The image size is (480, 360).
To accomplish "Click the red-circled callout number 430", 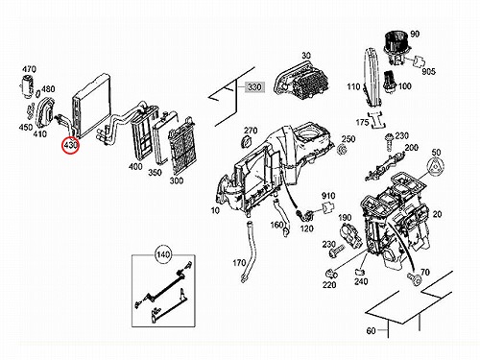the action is (x=71, y=145).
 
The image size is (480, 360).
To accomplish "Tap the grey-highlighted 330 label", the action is (x=254, y=86).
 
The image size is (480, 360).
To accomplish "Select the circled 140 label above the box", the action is (x=163, y=254).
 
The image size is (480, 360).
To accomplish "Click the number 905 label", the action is (x=428, y=71).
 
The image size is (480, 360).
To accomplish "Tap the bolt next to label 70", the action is (x=415, y=278).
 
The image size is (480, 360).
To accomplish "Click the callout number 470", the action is (x=29, y=69).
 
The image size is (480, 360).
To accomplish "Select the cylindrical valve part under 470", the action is (x=27, y=85).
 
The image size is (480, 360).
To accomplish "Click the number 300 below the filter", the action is (x=177, y=180).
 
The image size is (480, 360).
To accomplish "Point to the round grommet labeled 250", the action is (x=342, y=149).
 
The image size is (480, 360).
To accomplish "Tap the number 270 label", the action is (x=251, y=131).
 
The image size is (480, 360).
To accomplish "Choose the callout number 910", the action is (x=328, y=196).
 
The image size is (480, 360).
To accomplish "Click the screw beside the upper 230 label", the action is (x=390, y=142).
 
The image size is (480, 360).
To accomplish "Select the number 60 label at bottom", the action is (x=371, y=330).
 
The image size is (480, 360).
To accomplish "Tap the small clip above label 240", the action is (x=360, y=272).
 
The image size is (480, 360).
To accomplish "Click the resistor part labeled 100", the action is (x=390, y=82).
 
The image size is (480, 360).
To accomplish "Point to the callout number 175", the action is (x=363, y=122).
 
